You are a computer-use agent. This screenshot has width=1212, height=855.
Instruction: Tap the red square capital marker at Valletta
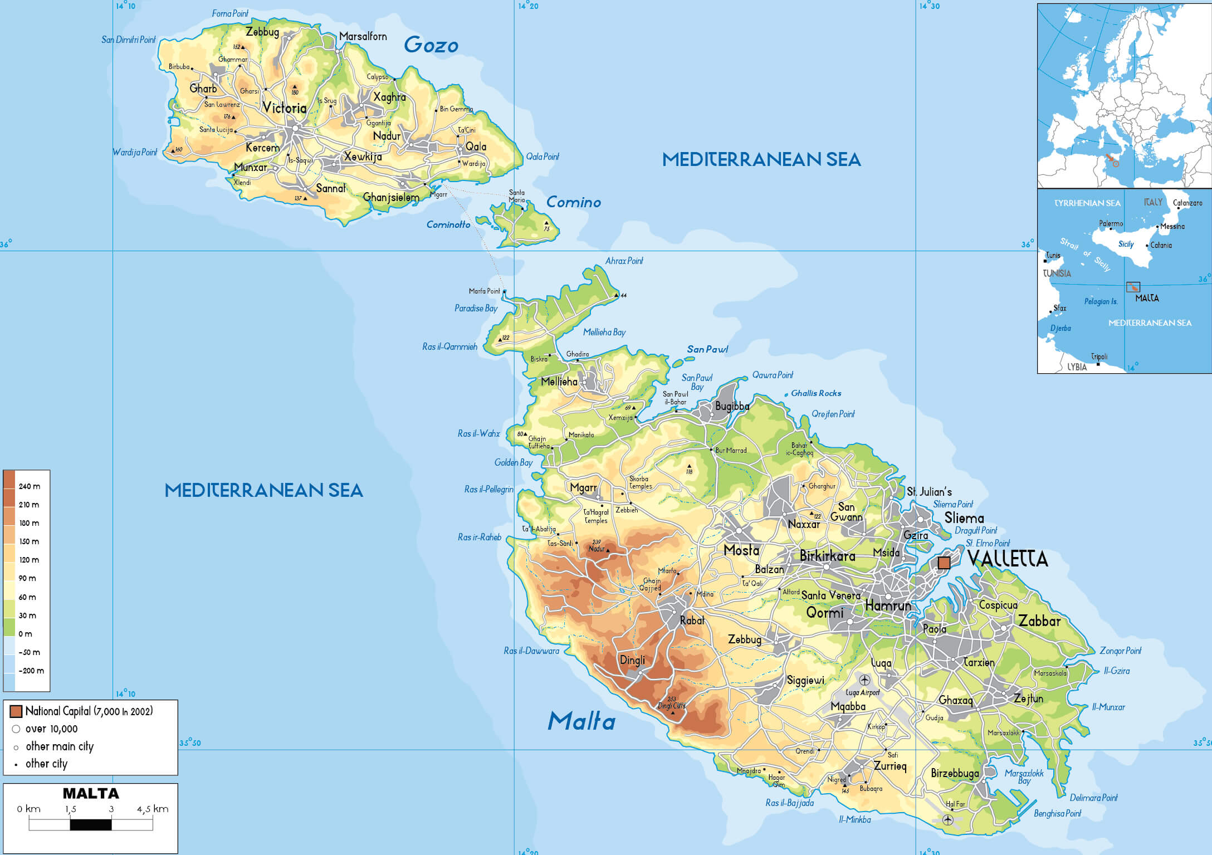944,563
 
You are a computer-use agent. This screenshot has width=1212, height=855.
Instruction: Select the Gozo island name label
431,45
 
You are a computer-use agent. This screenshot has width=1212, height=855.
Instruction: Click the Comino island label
573,202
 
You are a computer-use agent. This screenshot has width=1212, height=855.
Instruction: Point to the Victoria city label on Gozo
284,108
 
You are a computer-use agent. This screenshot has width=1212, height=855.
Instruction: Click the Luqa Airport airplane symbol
864,680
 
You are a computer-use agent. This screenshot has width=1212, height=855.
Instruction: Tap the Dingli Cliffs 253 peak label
671,703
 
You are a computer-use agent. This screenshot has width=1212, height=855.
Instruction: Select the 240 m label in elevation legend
29,486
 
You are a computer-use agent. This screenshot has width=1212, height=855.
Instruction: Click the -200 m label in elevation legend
31,671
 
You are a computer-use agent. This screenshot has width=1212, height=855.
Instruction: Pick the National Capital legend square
16,711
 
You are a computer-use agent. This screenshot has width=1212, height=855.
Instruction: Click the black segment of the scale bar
91,824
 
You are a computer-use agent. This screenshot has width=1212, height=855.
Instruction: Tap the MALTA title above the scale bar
91,793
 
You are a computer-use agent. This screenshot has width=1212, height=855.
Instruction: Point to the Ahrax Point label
624,261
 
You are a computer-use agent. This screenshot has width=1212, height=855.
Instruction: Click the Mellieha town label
559,382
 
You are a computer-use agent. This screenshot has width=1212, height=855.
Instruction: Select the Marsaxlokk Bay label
1024,776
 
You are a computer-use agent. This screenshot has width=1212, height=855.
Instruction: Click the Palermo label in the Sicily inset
1111,223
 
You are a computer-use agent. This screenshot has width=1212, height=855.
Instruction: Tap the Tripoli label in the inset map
1099,356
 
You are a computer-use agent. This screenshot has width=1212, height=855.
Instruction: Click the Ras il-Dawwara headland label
531,651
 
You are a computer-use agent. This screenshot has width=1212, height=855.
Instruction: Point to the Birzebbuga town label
955,773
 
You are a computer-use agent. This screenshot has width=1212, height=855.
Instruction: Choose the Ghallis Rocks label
815,393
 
